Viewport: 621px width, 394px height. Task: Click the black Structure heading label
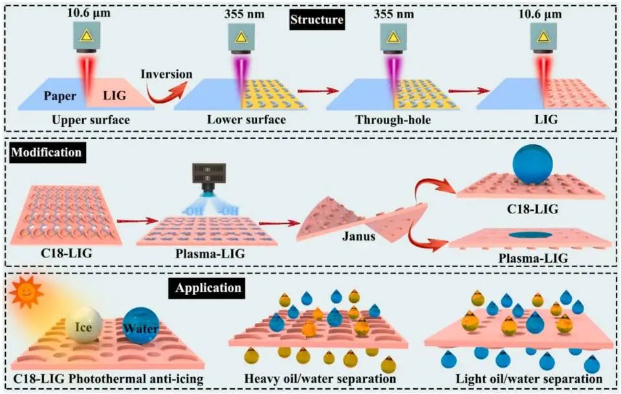[x=316, y=19]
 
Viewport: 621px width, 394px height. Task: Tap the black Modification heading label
[x=45, y=153]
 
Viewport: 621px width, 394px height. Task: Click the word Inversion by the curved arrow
[x=171, y=74]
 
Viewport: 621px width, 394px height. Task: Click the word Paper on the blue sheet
[x=62, y=96]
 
